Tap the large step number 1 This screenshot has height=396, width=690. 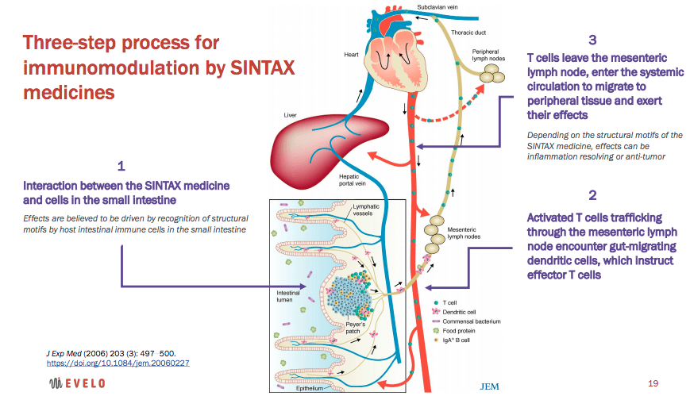pyautogui.click(x=121, y=167)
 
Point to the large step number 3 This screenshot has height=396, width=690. pyautogui.click(x=592, y=40)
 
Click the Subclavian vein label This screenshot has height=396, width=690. pyautogui.click(x=438, y=8)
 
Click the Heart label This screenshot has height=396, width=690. pyautogui.click(x=352, y=55)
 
